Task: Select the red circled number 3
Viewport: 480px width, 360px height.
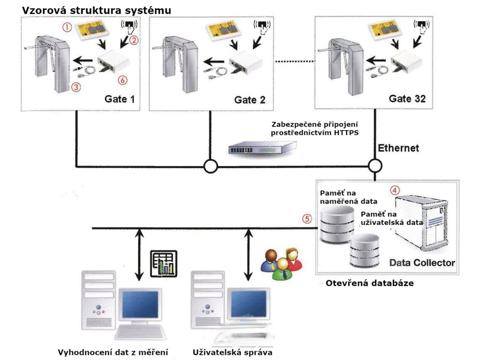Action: click(x=74, y=86)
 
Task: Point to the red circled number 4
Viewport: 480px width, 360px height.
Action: click(x=396, y=191)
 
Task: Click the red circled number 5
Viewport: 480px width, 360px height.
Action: click(x=307, y=218)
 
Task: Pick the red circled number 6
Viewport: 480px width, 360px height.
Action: click(x=123, y=81)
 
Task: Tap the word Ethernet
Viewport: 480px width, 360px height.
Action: click(x=399, y=149)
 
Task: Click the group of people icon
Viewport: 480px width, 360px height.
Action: click(x=281, y=265)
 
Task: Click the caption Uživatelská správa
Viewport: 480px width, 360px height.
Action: click(x=232, y=352)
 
